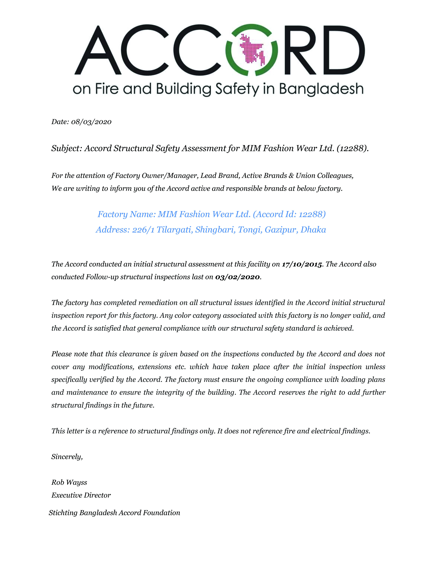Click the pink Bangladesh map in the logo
pos(252,49)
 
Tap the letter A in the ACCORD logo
pos(98,51)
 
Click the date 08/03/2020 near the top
pos(91,122)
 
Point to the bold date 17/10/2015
pos(302,264)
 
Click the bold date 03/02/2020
pos(237,277)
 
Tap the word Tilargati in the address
pos(174,230)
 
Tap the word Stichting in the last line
pos(63,513)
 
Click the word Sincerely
pos(67,457)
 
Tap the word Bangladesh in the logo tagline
pos(321,89)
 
